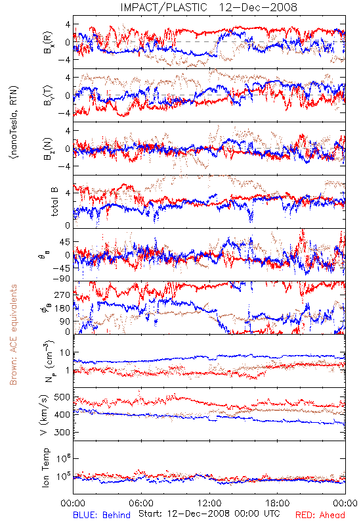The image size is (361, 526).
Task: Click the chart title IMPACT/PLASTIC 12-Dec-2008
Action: click(x=209, y=7)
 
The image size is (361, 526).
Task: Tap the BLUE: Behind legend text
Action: click(x=102, y=515)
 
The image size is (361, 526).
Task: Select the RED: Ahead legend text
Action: click(x=320, y=515)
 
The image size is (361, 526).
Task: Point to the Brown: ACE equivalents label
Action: click(x=13, y=335)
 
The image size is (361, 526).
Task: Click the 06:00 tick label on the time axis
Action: click(x=141, y=504)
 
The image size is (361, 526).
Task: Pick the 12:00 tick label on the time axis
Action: click(x=209, y=504)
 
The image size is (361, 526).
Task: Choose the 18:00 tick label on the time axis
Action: click(x=278, y=504)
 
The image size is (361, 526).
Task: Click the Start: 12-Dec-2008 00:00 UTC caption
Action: click(x=209, y=514)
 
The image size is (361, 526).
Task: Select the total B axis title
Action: click(x=54, y=202)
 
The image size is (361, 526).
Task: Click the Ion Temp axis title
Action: click(x=45, y=467)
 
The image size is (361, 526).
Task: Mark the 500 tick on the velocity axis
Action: click(x=62, y=397)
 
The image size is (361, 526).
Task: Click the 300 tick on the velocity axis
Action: click(x=62, y=432)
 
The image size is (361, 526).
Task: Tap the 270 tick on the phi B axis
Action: click(x=62, y=295)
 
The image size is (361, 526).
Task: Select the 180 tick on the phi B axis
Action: click(x=62, y=308)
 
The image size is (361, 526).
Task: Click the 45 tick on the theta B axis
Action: click(x=65, y=242)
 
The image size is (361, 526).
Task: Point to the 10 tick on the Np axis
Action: click(x=65, y=353)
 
